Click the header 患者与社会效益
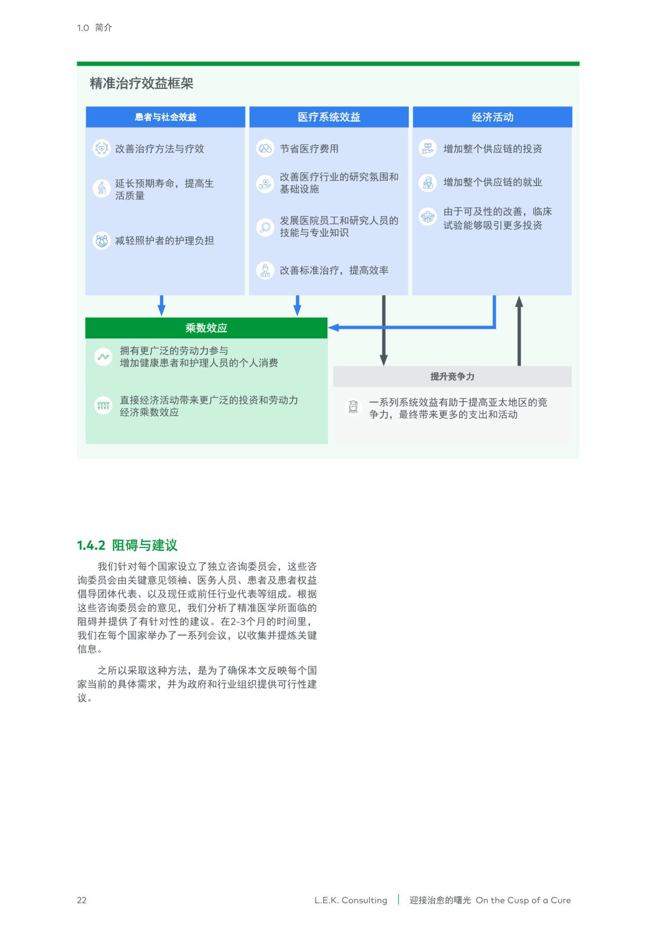click(165, 117)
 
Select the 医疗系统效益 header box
click(329, 117)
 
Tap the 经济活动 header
click(493, 117)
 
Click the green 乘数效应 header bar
click(206, 328)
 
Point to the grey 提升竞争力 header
click(452, 377)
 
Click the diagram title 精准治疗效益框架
click(141, 84)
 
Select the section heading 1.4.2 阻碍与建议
click(127, 545)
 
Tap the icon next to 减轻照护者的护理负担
click(101, 241)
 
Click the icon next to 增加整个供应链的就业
click(427, 183)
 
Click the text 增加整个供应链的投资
click(493, 149)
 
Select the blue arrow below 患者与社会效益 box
click(161, 306)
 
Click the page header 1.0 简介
click(94, 28)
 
